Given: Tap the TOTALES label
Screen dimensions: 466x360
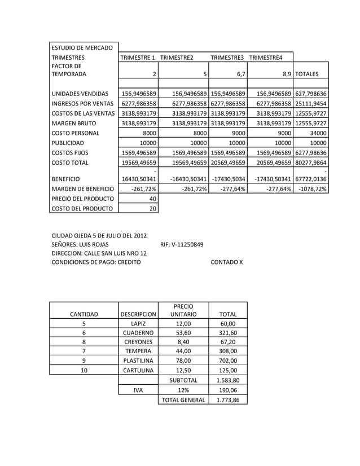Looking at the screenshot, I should click(307, 73).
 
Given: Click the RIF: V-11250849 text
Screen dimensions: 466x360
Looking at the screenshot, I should click(182, 245).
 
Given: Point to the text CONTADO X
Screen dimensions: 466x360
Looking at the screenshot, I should click(226, 262).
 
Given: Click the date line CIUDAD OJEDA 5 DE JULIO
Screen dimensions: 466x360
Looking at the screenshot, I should click(99, 236).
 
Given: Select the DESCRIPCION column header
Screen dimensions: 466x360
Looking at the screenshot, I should click(138, 314).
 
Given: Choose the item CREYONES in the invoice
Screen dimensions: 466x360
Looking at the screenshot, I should click(138, 341).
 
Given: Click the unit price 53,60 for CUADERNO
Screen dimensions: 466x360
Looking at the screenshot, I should click(183, 333).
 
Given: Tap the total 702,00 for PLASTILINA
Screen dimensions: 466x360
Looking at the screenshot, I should click(228, 360).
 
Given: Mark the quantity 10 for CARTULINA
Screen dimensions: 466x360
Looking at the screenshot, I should click(84, 370).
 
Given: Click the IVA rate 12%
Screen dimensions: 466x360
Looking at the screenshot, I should click(183, 389).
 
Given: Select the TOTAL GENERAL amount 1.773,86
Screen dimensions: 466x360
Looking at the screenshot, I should click(228, 399).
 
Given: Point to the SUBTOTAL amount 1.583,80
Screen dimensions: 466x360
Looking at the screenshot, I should click(228, 380).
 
